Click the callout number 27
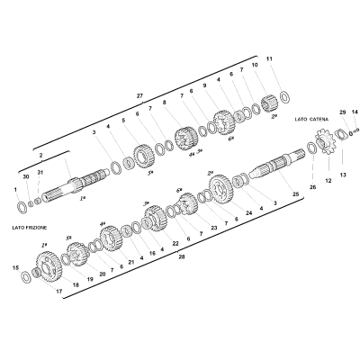click(139, 96)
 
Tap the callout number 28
click(182, 257)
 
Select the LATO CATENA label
click(311, 119)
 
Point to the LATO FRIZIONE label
click(30, 228)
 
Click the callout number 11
click(269, 59)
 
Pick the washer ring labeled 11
click(284, 97)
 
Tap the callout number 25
click(295, 194)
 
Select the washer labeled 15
click(26, 276)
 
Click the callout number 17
click(58, 292)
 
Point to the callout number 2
click(41, 156)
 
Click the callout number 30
click(26, 176)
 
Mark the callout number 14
click(355, 112)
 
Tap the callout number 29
click(343, 112)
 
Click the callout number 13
click(343, 175)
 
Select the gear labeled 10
click(269, 103)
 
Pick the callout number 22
click(175, 244)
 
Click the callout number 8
click(164, 103)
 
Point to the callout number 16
click(152, 253)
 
